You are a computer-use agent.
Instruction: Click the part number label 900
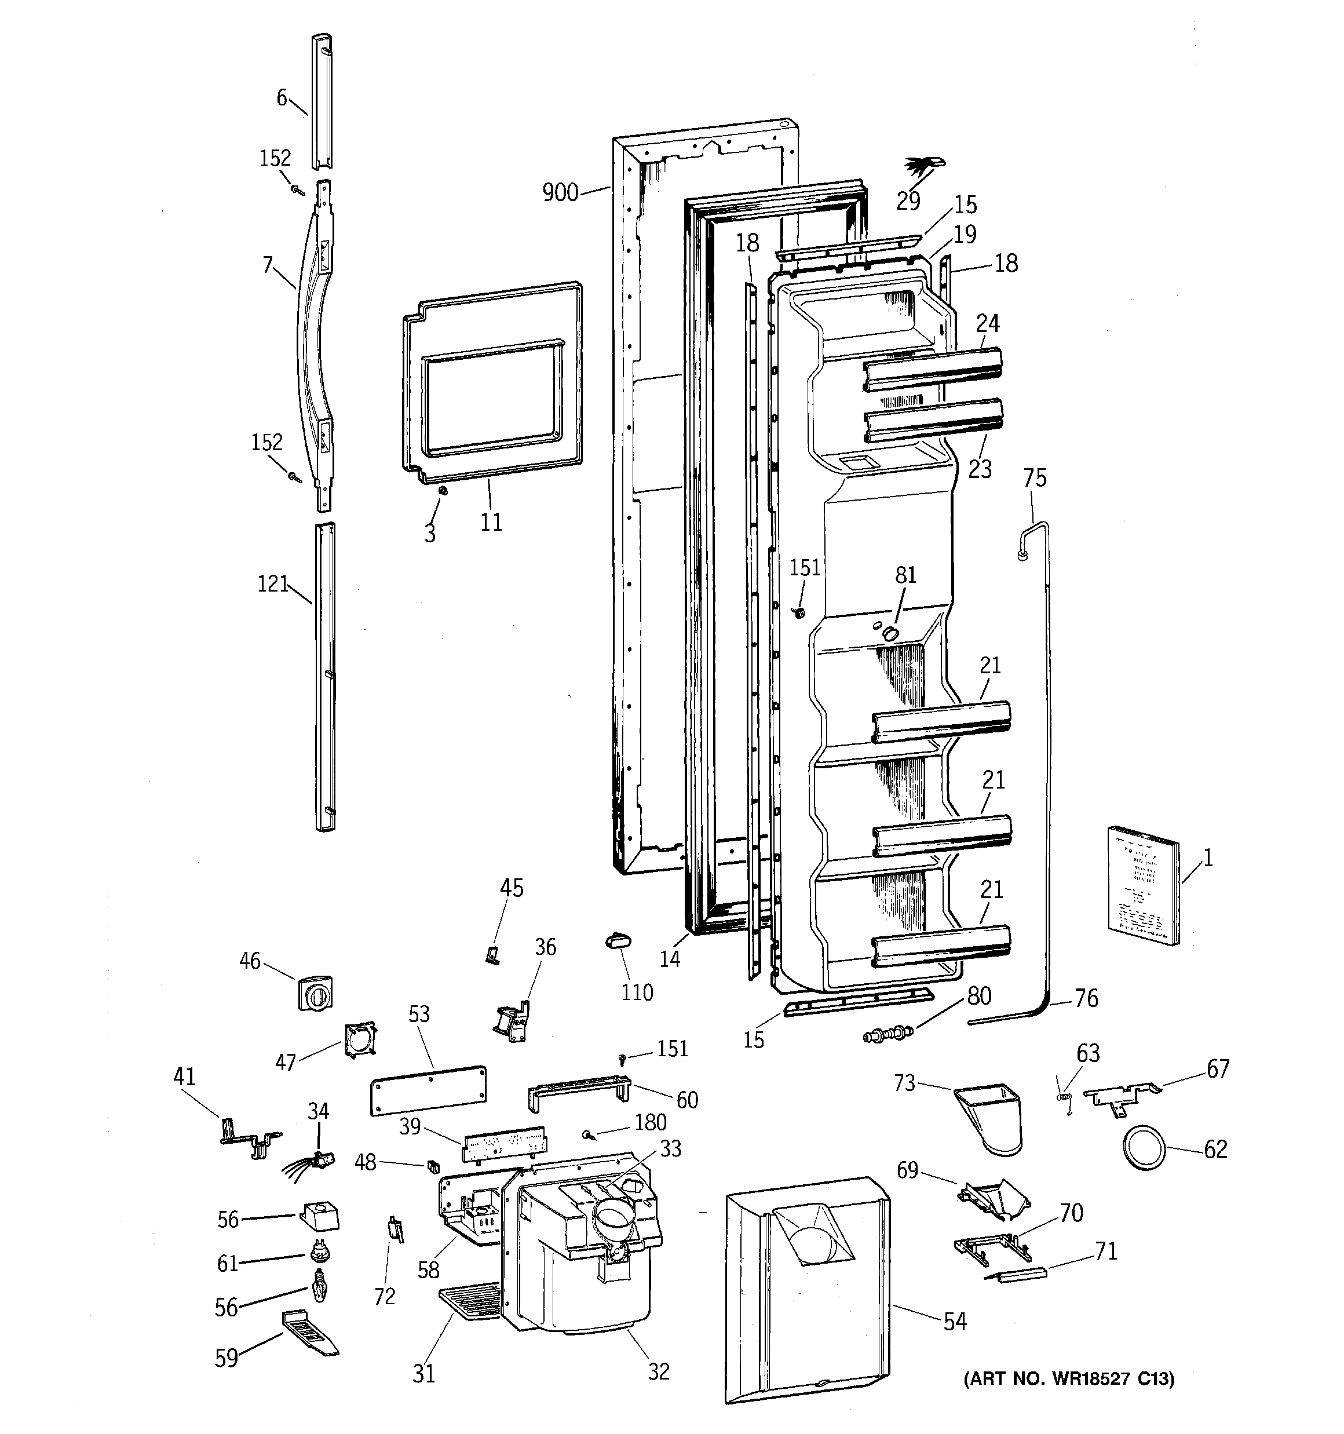point(560,192)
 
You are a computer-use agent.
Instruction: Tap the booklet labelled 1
point(1144,884)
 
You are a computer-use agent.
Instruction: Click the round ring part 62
point(1144,1148)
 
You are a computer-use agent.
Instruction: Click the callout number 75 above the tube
point(1035,478)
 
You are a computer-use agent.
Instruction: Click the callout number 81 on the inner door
point(905,575)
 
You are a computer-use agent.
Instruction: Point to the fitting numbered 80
point(888,1034)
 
